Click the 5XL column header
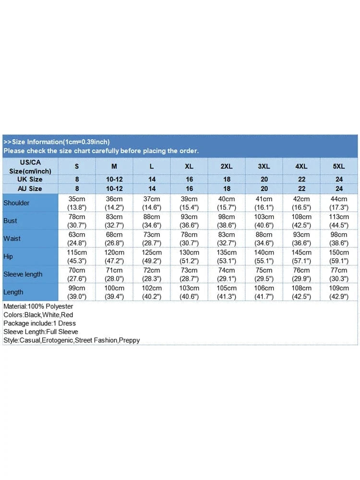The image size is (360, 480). pos(339,166)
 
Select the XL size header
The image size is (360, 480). pos(189,166)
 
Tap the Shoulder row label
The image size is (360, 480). pos(16,203)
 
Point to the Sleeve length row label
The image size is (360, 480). pos(23,274)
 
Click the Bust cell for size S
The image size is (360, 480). pos(77,221)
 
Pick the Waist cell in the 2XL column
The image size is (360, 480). pos(227,239)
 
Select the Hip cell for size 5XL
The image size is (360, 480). pos(339,256)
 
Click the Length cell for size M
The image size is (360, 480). pos(114,292)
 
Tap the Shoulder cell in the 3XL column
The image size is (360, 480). pos(264,203)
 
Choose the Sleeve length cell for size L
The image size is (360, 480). pos(152,274)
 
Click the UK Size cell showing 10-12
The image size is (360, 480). pos(114,179)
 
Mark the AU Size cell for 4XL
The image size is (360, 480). pos(301,188)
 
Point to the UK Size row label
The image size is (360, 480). pos(30,179)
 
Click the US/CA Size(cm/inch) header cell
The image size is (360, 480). pos(30,166)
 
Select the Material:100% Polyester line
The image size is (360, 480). pos(38,306)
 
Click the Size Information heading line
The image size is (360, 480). pos(57,142)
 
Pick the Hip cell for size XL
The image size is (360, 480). pos(189,256)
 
